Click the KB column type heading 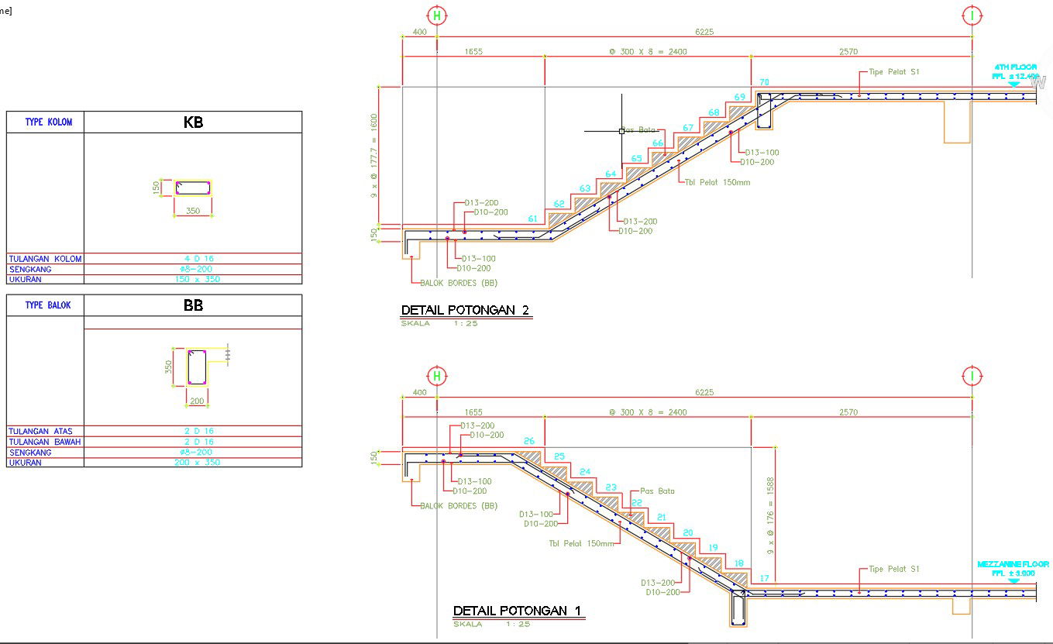[x=193, y=122]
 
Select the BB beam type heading [x=193, y=305]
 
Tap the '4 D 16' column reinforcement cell [x=193, y=259]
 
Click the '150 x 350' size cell [x=193, y=279]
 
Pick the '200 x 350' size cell [x=193, y=463]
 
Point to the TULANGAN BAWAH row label [x=45, y=442]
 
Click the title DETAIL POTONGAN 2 [x=465, y=311]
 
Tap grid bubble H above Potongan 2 [x=438, y=15]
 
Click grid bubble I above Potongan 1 [x=972, y=377]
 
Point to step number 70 [x=764, y=82]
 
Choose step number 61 [x=533, y=219]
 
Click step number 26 [x=529, y=441]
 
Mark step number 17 [x=764, y=578]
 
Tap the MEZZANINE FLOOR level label [x=1013, y=568]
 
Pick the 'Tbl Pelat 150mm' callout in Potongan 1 [x=581, y=543]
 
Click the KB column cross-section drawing [x=193, y=188]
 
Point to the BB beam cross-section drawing [x=197, y=367]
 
